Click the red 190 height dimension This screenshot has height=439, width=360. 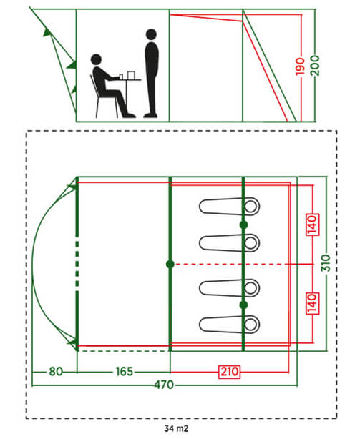point(300,66)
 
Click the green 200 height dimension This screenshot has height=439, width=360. point(315,66)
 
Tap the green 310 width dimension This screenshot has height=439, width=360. point(326,263)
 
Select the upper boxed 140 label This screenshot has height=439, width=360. point(312,225)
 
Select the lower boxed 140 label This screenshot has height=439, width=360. point(312,303)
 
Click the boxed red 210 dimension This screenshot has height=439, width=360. point(230,372)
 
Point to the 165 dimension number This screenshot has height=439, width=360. point(124,372)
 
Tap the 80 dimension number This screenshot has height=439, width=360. point(56,372)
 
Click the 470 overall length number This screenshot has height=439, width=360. point(164,385)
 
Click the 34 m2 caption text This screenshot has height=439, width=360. point(176,428)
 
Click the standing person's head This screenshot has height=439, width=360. point(151,34)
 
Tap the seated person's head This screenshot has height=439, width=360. point(96,59)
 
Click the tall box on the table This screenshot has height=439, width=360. point(131,75)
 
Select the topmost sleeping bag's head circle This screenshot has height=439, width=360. point(250,207)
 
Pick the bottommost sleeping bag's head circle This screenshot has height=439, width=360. point(250,325)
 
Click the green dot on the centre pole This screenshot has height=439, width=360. point(170,264)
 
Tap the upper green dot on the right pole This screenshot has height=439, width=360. point(243,225)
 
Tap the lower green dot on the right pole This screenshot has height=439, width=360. point(243,305)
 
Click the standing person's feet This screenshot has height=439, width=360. point(151,115)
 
